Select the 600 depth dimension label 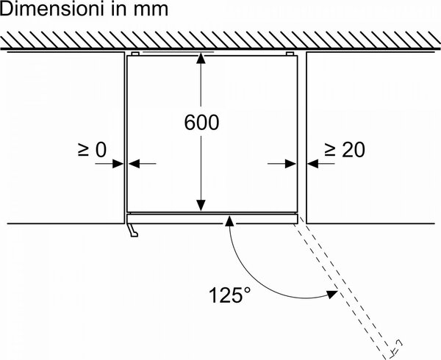pyautogui.click(x=201, y=123)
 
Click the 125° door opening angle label pyautogui.click(x=229, y=295)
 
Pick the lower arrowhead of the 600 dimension pyautogui.click(x=201, y=205)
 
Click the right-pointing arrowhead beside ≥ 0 pyautogui.click(x=118, y=163)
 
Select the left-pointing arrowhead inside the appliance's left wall pyautogui.click(x=134, y=163)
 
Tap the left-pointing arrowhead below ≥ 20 pyautogui.click(x=313, y=163)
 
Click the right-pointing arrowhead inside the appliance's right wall pyautogui.click(x=290, y=163)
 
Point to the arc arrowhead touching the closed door pyautogui.click(x=229, y=221)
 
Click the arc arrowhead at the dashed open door pyautogui.click(x=332, y=294)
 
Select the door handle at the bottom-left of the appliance pyautogui.click(x=133, y=230)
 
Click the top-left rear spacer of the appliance pyautogui.click(x=135, y=54)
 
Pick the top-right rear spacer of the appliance pyautogui.click(x=290, y=54)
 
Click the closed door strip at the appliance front pyautogui.click(x=212, y=219)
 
